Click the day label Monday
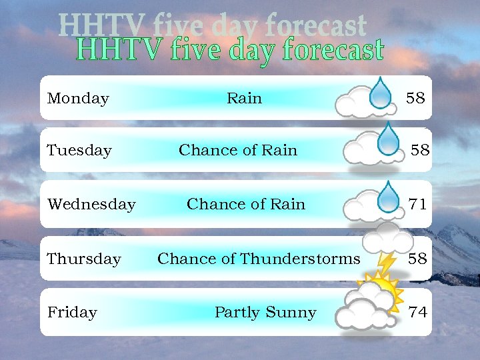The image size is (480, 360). pos(78,99)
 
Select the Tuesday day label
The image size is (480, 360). pos(79,151)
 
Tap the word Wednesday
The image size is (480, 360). pos(91,204)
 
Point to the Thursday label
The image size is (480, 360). pos(84,259)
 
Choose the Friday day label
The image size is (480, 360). pos(72,312)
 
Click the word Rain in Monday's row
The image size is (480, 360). pos(244,99)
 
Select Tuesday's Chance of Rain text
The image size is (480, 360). pos(238,151)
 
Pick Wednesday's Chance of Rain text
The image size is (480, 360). pos(246,204)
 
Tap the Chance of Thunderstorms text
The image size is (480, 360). pos(259,259)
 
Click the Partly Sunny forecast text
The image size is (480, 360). pos(265,312)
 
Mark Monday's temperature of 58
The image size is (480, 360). pos(415,99)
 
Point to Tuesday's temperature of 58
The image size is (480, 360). pos(420,151)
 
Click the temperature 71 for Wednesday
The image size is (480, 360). pos(418,204)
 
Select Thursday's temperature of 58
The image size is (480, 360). pos(417,259)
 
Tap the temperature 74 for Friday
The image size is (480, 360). pos(418,312)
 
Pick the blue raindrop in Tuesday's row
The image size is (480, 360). pos(387,139)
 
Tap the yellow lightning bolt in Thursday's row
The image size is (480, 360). pos(385,261)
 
